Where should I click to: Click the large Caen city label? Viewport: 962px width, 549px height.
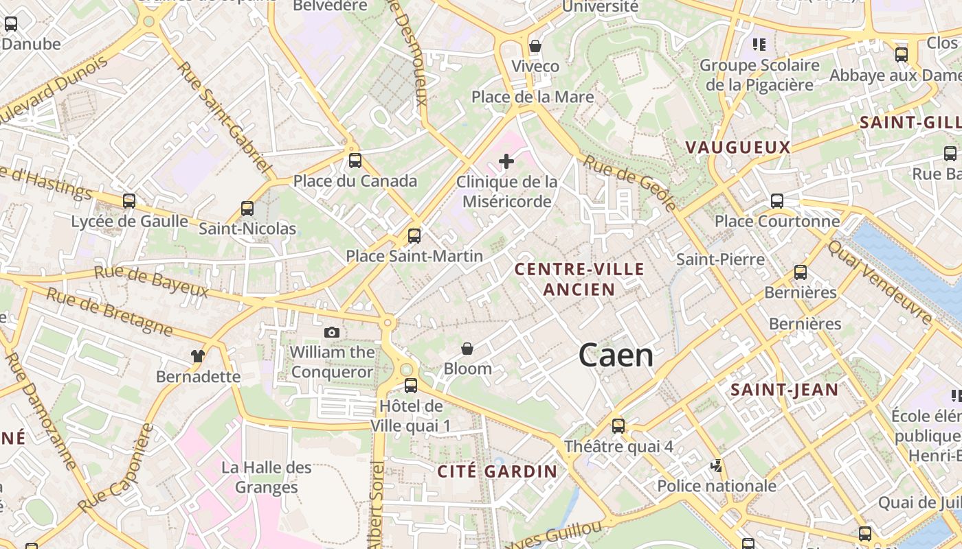[x=616, y=355]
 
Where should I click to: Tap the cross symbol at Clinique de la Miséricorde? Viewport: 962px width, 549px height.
[x=506, y=161]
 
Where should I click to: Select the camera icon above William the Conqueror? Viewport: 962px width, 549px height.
[x=332, y=333]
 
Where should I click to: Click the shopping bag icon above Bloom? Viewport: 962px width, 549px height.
[x=467, y=349]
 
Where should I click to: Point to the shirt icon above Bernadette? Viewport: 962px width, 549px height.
[x=198, y=356]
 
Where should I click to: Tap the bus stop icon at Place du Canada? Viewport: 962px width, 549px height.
[x=355, y=161]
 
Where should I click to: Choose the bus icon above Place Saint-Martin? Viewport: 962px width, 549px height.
[x=414, y=236]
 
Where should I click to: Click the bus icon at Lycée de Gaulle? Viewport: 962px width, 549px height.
[x=129, y=201]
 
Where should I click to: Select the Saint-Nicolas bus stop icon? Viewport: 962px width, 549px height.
[x=247, y=209]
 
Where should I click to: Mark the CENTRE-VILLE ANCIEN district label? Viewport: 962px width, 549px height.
[x=580, y=279]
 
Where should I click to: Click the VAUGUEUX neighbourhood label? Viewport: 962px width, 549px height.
[x=738, y=148]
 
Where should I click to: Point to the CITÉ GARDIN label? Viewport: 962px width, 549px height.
[x=497, y=471]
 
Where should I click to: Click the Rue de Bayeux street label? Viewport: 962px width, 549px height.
[x=151, y=281]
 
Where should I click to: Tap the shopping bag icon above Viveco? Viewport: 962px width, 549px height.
[x=535, y=46]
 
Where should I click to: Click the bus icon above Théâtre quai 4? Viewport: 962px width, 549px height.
[x=618, y=426]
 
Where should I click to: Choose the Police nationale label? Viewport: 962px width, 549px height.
[x=717, y=487]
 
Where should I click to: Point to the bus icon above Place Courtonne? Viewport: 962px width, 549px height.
[x=777, y=201]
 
